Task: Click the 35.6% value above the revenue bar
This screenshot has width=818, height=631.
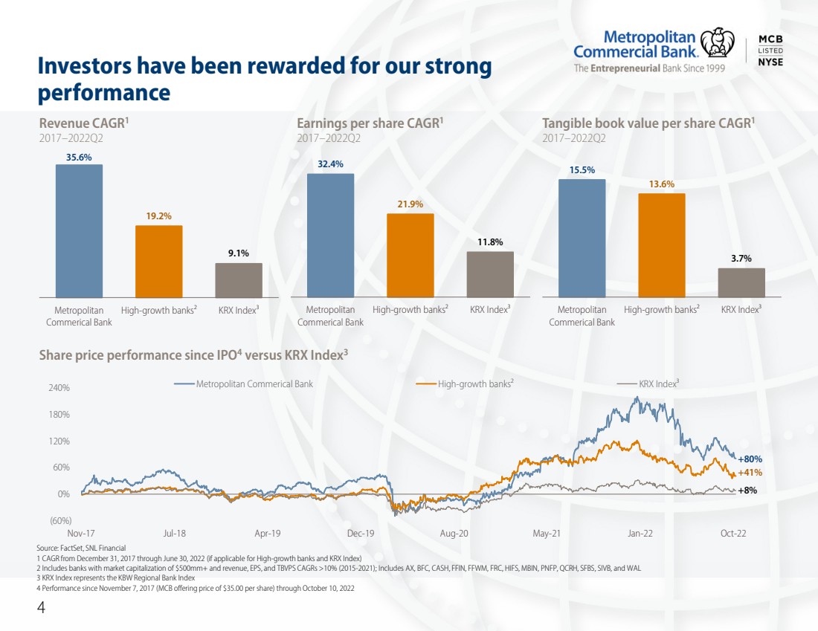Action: click(79, 157)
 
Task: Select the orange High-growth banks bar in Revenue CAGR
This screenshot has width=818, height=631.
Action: click(158, 262)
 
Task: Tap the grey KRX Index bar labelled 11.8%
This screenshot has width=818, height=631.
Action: click(490, 274)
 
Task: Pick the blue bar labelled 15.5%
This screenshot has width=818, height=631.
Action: click(582, 239)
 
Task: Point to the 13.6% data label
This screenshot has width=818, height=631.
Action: click(662, 184)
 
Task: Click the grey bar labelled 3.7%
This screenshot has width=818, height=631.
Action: click(741, 282)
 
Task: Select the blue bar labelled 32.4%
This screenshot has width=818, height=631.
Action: click(330, 235)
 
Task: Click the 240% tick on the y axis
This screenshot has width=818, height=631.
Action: click(59, 388)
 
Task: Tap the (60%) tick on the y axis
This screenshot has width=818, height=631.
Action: click(60, 520)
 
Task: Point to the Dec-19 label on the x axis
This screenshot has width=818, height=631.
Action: click(361, 534)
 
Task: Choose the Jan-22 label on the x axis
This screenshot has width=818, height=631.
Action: click(640, 534)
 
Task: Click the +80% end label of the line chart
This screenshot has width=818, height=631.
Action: click(750, 459)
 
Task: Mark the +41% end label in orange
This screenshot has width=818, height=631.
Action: click(750, 473)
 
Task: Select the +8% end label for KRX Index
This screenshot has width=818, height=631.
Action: click(747, 491)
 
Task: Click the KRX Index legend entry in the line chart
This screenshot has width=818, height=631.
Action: click(648, 384)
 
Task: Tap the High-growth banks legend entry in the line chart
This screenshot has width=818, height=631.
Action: click(466, 384)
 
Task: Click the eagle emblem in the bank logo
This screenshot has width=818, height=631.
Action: click(718, 43)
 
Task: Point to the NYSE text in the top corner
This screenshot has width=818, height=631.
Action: click(770, 62)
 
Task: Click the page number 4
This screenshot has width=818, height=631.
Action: click(41, 607)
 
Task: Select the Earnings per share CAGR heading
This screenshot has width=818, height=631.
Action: click(370, 123)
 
